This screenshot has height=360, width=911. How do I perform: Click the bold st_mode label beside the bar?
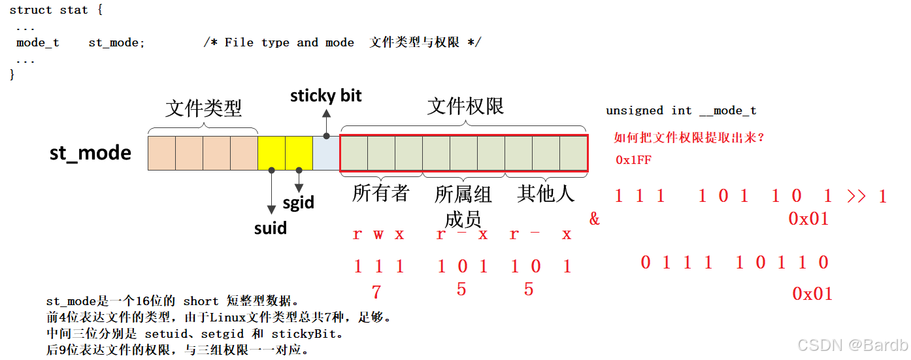90,153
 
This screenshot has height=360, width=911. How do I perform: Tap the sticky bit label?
325,96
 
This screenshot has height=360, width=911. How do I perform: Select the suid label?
271,228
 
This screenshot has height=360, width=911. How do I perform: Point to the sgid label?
299,203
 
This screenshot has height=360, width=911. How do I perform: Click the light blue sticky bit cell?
326,153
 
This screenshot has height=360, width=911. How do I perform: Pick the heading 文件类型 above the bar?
203,108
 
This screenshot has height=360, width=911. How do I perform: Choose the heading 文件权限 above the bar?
465,106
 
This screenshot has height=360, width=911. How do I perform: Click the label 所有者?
380,193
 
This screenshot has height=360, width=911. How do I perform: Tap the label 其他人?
546,193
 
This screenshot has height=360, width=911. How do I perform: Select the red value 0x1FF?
633,160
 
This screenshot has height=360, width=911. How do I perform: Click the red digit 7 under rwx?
376,291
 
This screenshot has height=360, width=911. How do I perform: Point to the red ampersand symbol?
594,219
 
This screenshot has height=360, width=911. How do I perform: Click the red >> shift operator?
856,196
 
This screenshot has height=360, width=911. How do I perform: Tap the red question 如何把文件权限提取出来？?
689,138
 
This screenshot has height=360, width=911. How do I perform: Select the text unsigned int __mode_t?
681,110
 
